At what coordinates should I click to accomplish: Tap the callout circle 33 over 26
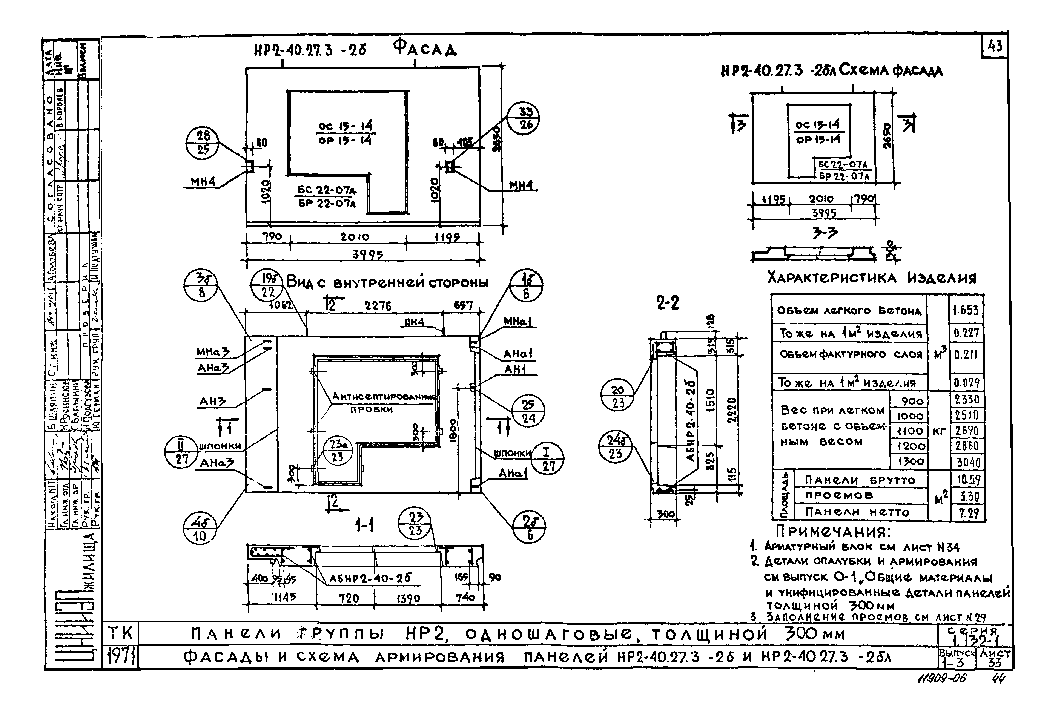tap(523, 118)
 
